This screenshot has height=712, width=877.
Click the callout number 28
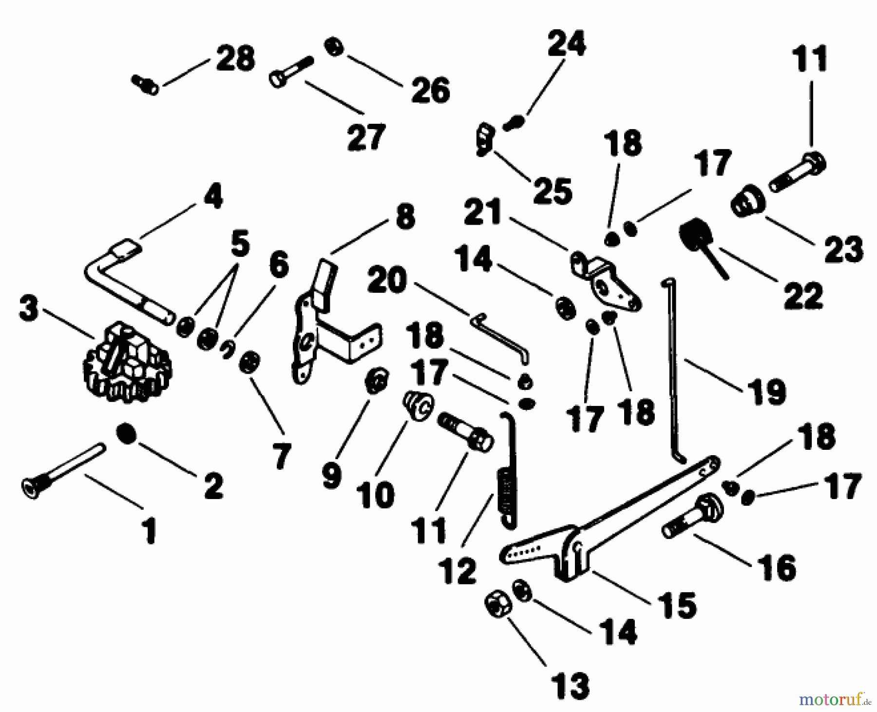point(235,58)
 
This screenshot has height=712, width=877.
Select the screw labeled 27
point(290,73)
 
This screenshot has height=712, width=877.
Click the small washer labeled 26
point(334,48)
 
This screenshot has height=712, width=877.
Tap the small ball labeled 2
point(126,433)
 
